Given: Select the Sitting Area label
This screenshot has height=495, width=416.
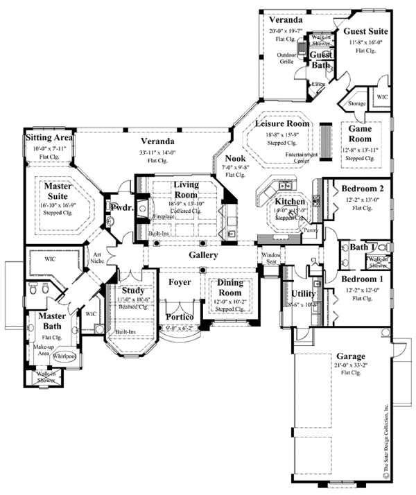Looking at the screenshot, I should (49, 138).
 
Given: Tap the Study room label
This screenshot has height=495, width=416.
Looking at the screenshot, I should (132, 290).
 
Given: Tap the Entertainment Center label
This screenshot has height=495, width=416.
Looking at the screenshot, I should (305, 159).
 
